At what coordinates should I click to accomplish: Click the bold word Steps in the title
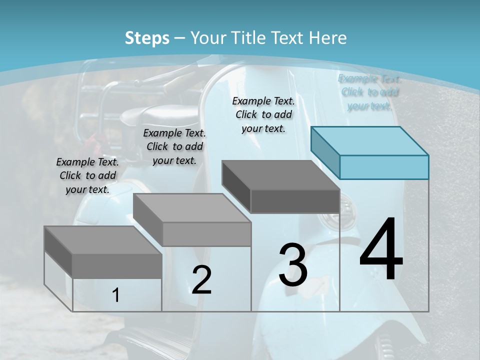tap(147, 38)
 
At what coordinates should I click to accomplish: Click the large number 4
tap(381, 250)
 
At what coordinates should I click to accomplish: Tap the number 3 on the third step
tap(293, 265)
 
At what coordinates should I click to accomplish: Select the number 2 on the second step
tap(201, 280)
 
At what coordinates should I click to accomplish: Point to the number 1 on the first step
tap(115, 295)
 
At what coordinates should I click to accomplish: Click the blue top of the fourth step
tap(369, 140)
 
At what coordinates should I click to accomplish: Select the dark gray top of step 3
tap(280, 175)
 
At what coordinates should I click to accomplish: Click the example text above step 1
tap(87, 175)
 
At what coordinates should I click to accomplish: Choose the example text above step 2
tap(174, 146)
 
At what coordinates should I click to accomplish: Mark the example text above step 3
tap(263, 114)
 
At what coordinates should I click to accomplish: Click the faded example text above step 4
tap(369, 92)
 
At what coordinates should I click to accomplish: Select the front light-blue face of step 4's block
tap(384, 167)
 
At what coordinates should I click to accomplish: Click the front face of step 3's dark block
tap(295, 201)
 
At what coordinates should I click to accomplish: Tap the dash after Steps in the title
tap(180, 38)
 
